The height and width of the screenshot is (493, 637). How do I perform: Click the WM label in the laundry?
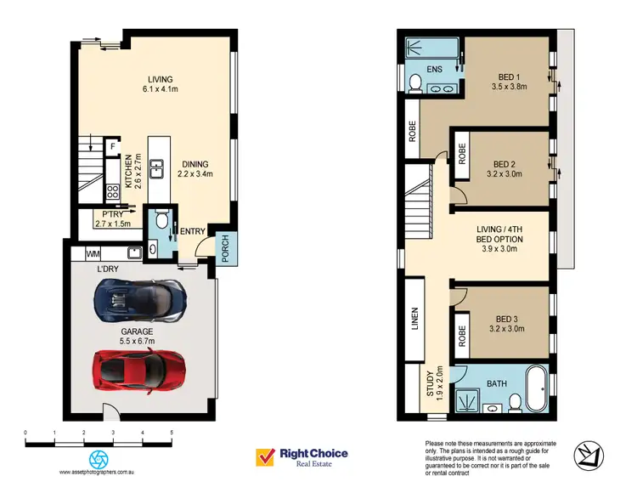point(92,253)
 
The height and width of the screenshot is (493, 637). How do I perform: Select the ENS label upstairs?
point(434,69)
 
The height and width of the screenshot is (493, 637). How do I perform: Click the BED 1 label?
point(505,81)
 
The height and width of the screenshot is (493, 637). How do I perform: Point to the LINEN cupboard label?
point(415,320)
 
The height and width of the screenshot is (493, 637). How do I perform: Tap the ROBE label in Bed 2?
point(462,154)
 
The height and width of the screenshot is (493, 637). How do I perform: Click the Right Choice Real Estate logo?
point(302,457)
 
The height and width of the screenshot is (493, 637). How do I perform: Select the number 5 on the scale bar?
point(172,433)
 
